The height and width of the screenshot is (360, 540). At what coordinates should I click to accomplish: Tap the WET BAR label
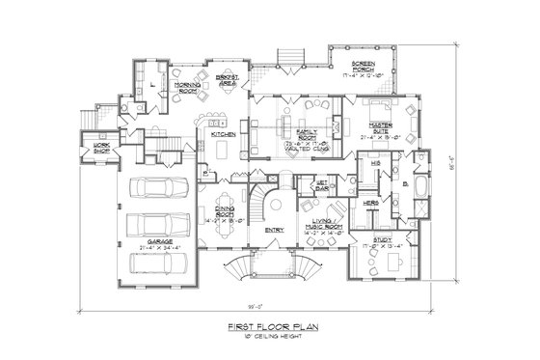(x=322, y=187)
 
